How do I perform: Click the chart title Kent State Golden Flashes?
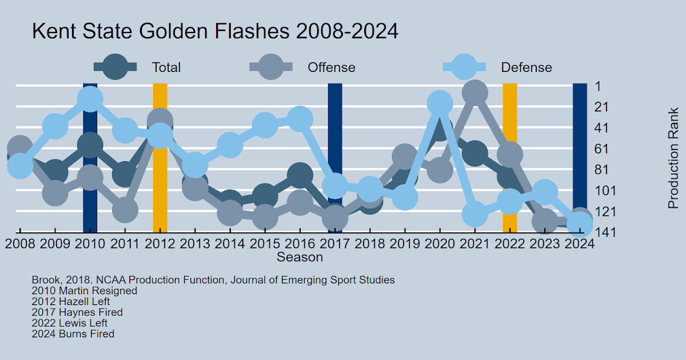215,31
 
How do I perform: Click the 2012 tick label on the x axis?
160,243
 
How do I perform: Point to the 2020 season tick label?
440,243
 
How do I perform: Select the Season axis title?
300,257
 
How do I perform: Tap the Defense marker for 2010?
90,99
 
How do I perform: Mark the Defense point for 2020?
440,103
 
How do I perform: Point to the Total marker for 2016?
300,175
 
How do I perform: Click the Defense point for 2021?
474,215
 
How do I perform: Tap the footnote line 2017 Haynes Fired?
77,312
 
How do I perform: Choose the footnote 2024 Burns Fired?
73,334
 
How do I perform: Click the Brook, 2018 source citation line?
213,280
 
